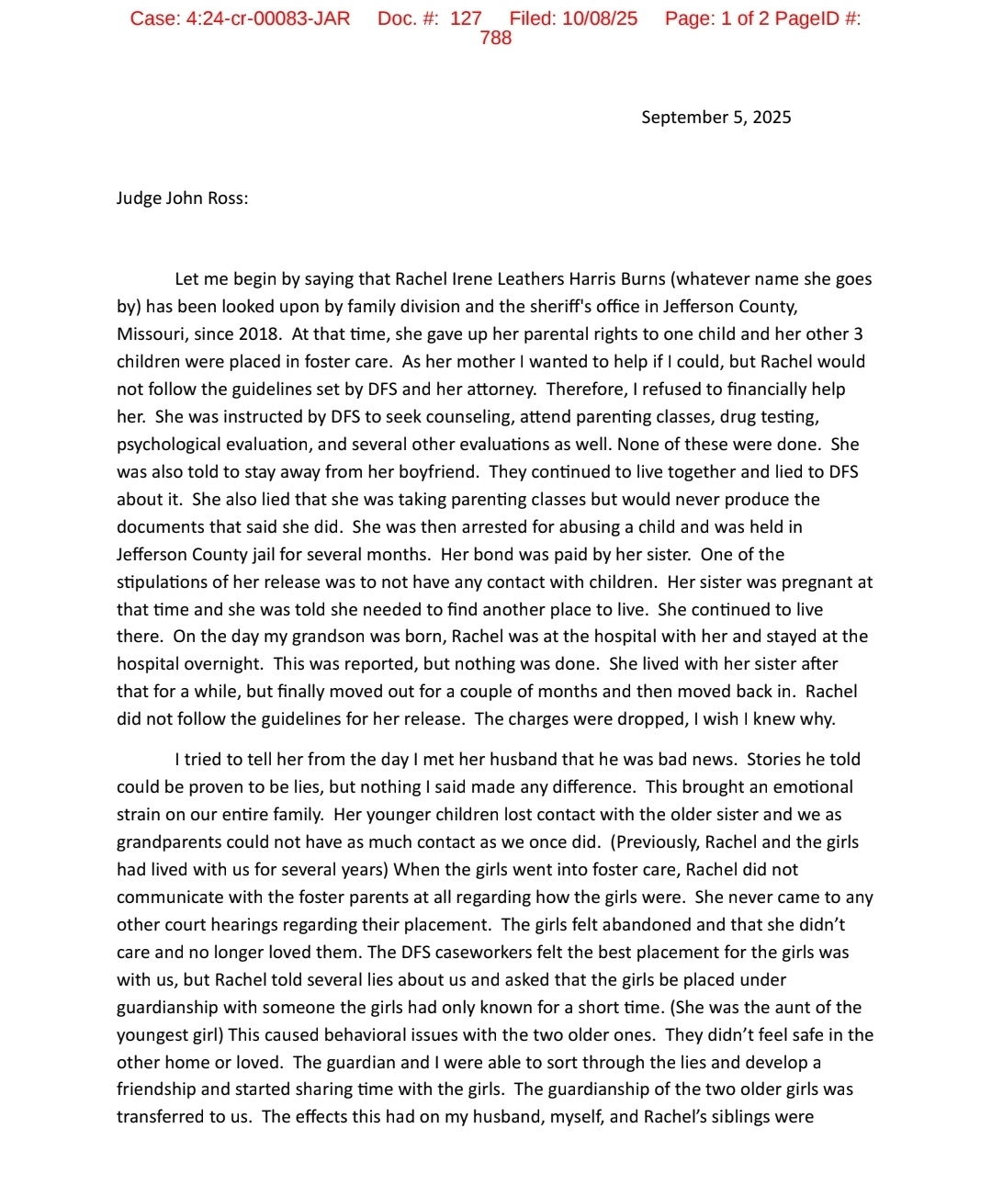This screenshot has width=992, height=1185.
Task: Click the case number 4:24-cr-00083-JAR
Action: tap(267, 18)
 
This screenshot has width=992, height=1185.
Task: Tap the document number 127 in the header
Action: tap(466, 18)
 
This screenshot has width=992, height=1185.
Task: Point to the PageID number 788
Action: tap(496, 38)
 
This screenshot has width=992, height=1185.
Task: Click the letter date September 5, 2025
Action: tap(716, 117)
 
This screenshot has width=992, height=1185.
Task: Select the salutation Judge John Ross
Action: tap(182, 197)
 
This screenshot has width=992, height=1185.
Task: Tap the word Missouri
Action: tap(152, 333)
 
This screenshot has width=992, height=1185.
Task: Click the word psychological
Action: tap(174, 444)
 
